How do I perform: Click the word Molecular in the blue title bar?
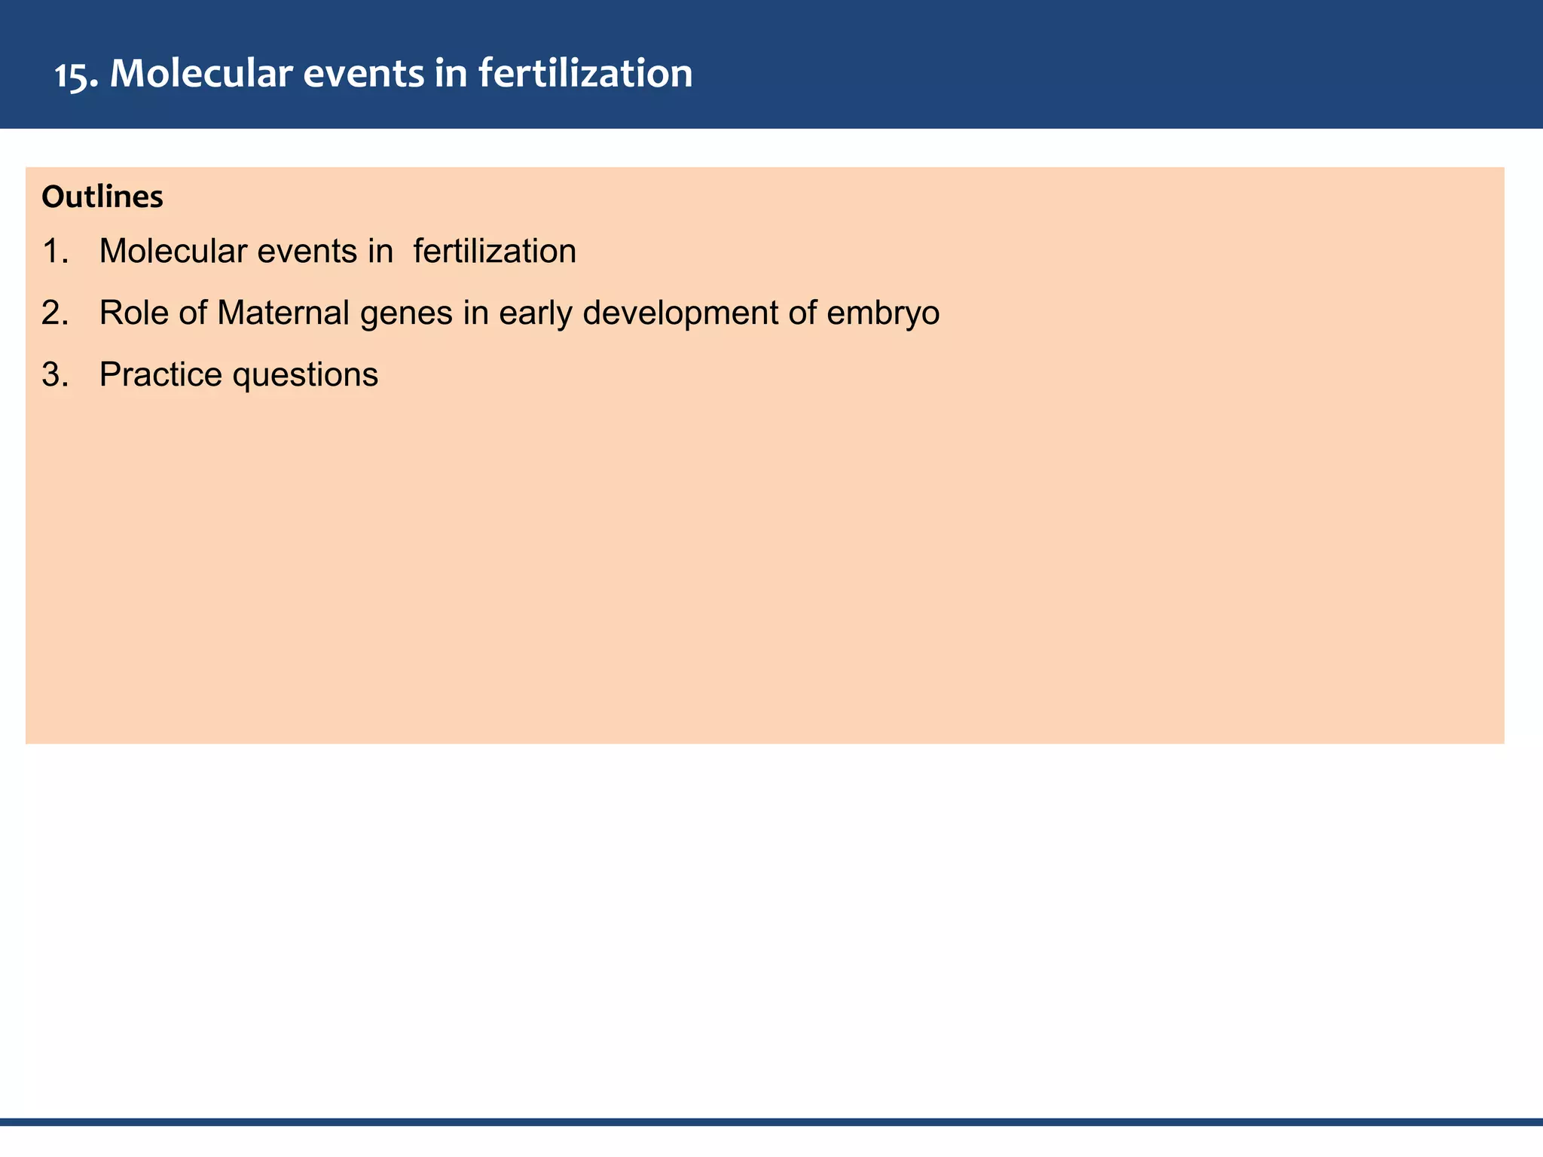coord(200,74)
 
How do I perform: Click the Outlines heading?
coord(102,197)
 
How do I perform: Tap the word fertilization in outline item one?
coord(494,251)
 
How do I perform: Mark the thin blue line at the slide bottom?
coord(771,1122)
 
